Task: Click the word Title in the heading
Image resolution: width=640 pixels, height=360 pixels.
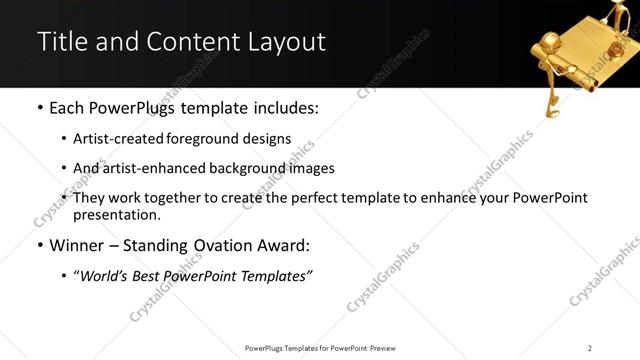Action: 60,42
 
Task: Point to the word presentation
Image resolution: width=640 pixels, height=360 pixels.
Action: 116,214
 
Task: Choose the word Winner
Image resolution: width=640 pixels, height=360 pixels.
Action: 75,246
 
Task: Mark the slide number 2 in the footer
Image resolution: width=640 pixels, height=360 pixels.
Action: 590,348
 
